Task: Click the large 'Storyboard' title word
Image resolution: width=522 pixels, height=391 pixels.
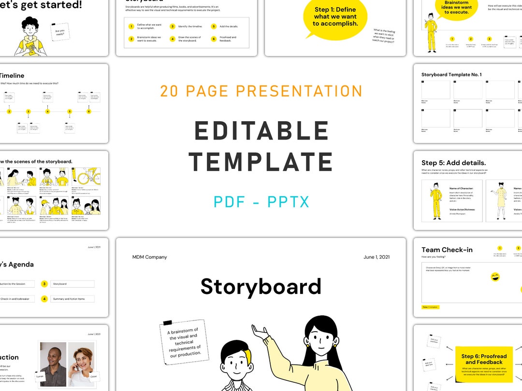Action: pyautogui.click(x=261, y=286)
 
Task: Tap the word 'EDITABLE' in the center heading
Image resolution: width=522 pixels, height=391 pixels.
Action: pyautogui.click(x=261, y=131)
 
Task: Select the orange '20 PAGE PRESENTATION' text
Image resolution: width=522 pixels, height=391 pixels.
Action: pyautogui.click(x=261, y=91)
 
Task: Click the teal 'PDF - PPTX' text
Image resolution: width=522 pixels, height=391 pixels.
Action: pyautogui.click(x=261, y=202)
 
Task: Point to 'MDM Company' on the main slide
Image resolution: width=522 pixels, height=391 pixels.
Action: pyautogui.click(x=149, y=257)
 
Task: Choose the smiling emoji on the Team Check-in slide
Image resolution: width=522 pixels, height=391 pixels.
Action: pyautogui.click(x=495, y=277)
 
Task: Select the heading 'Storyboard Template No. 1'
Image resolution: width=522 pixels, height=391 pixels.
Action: pyautogui.click(x=451, y=75)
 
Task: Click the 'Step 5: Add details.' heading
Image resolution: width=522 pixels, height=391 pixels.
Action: pyautogui.click(x=453, y=163)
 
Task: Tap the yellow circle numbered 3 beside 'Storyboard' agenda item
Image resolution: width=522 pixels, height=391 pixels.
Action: pyautogui.click(x=44, y=284)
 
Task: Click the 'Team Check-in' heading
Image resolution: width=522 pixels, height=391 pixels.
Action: pyautogui.click(x=447, y=250)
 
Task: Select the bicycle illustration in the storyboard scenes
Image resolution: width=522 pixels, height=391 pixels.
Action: pyautogui.click(x=87, y=177)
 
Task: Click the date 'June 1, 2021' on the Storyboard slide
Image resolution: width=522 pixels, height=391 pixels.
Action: pyautogui.click(x=377, y=257)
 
